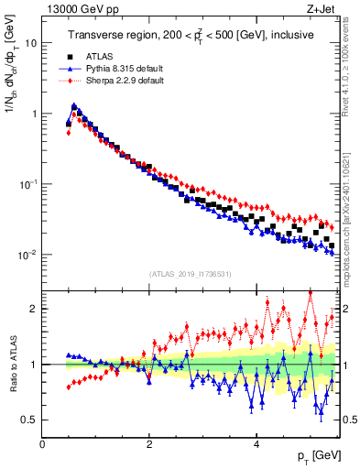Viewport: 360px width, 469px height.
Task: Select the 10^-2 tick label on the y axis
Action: (x=27, y=254)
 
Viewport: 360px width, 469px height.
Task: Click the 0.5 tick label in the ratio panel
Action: (x=27, y=420)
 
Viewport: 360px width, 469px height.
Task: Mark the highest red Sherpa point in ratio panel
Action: (x=311, y=293)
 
